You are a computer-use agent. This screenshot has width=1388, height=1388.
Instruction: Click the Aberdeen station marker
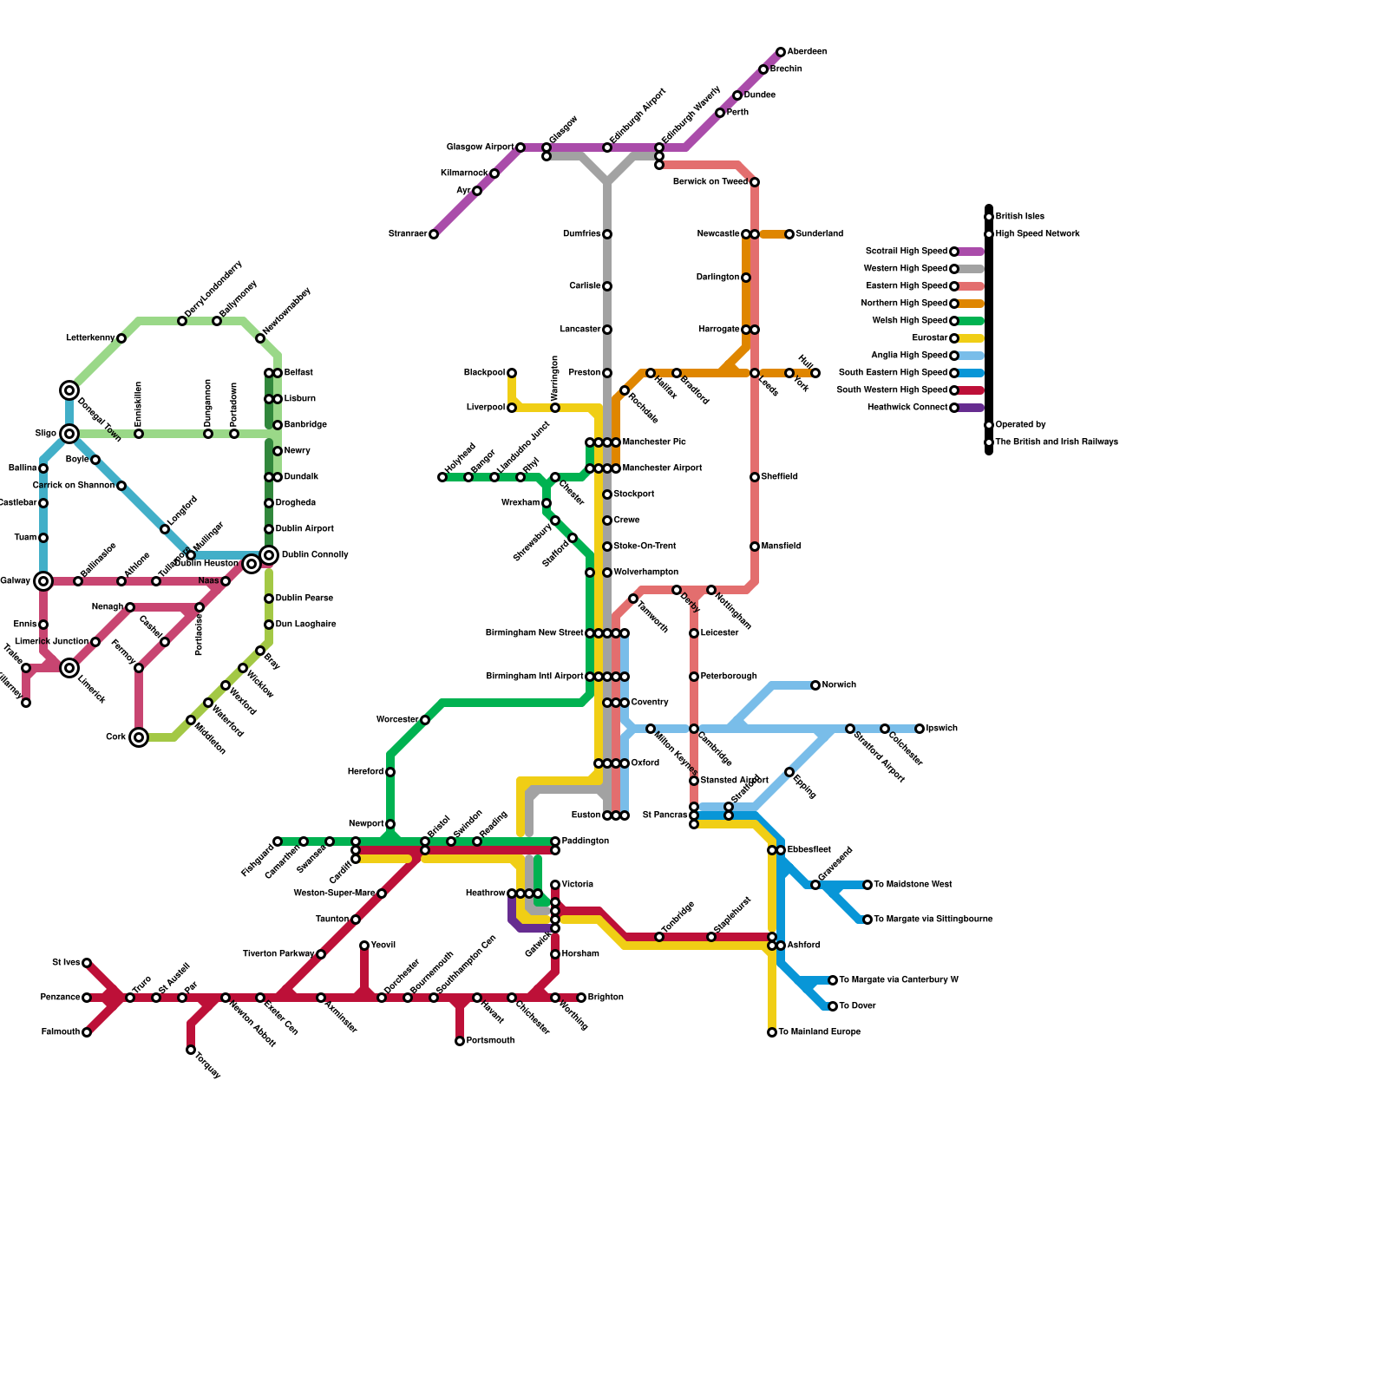click(x=781, y=52)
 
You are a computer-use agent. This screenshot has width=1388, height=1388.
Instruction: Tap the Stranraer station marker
click(x=434, y=234)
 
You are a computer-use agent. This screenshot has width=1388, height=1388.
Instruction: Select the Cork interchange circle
click(x=139, y=737)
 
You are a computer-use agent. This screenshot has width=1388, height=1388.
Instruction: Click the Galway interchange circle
click(x=43, y=581)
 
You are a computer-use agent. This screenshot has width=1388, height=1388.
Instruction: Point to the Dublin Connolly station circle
click(x=269, y=555)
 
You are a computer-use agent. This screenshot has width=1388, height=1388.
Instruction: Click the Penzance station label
click(x=60, y=998)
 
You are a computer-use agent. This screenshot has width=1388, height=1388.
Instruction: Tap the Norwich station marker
click(x=815, y=685)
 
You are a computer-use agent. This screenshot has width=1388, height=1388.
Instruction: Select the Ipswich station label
click(x=942, y=729)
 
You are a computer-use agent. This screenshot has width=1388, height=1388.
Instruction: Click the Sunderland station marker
click(x=789, y=234)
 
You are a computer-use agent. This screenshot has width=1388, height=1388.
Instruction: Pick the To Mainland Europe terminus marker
click(x=772, y=1032)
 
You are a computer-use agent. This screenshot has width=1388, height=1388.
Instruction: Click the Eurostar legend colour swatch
click(x=972, y=338)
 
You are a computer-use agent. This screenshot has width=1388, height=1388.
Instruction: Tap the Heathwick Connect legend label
click(x=907, y=408)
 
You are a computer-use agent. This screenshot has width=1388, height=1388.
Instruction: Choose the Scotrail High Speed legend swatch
click(x=972, y=252)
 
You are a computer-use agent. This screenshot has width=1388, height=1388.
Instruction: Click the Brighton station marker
click(x=581, y=998)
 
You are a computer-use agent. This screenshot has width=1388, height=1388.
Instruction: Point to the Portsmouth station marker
click(x=460, y=1041)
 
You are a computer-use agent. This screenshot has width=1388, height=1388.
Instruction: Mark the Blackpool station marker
click(x=512, y=373)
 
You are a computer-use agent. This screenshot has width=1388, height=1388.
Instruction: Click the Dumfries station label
click(x=581, y=234)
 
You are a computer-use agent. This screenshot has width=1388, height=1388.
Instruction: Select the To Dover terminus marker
click(x=833, y=1006)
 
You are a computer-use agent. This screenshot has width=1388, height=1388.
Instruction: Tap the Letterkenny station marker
click(x=121, y=338)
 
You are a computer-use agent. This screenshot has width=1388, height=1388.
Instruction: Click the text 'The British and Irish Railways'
click(x=1057, y=442)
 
